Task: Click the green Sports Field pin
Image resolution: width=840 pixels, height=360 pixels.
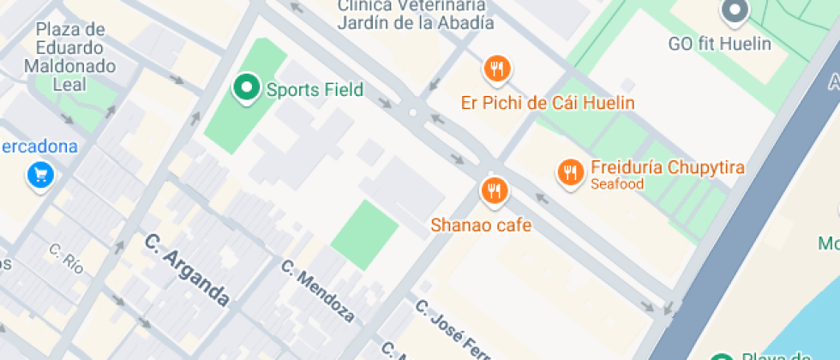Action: [x=247, y=87]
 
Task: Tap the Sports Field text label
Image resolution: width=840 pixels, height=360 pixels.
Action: [x=315, y=89]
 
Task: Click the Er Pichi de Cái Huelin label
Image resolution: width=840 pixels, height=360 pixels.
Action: [x=548, y=103]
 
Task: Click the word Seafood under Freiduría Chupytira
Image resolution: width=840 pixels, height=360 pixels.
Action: [x=616, y=184]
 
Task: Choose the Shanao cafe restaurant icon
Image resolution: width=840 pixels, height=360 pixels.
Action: [x=493, y=190]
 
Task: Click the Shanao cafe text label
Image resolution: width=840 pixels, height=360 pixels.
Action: [x=481, y=225]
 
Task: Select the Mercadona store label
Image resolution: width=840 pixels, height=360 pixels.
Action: [x=39, y=146]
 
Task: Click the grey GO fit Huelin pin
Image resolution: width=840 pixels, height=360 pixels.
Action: [x=735, y=11]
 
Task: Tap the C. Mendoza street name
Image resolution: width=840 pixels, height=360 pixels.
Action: [x=317, y=291]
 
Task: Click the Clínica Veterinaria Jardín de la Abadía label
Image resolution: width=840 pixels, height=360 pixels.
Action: [x=415, y=14]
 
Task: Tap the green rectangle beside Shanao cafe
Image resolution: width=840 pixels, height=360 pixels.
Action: [x=365, y=235]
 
